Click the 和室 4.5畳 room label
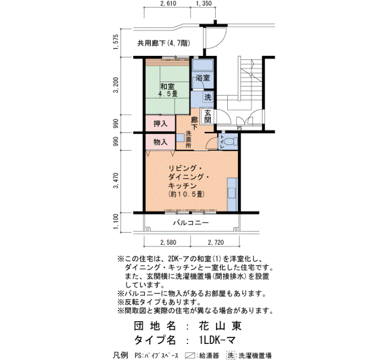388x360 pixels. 167,90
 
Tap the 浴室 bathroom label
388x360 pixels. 203,78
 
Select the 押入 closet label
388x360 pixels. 160,124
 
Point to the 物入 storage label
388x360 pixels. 160,142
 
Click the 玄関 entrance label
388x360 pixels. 208,117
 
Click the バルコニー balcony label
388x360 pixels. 191,223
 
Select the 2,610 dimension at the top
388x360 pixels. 168,3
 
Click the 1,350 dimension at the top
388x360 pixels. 203,3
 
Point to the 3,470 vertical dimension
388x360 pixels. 116,181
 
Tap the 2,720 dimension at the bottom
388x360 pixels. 216,243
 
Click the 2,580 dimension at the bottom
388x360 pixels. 169,243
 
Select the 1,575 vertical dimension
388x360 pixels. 116,42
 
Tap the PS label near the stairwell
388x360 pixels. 239,128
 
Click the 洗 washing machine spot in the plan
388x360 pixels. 208,97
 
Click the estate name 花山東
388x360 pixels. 220,326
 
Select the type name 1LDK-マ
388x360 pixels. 217,340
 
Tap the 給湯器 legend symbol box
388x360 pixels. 190,356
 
